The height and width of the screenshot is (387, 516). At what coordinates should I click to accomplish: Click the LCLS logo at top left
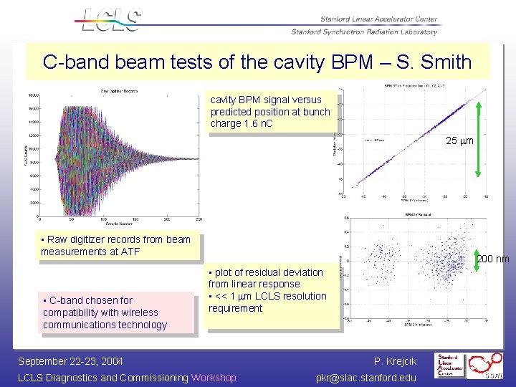coord(112,19)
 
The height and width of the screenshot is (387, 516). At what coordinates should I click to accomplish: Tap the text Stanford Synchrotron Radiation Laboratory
coord(363,32)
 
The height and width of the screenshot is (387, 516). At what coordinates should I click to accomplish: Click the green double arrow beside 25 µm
coord(479,140)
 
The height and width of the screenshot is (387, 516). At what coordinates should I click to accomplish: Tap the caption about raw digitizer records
coord(116,245)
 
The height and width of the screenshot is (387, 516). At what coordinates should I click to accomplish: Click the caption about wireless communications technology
coord(105,312)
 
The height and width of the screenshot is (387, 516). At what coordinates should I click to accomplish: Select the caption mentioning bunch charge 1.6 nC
coord(270,112)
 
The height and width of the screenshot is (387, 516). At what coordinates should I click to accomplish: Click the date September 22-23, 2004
coord(70,360)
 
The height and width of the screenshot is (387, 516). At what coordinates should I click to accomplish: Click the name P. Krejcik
coord(395,360)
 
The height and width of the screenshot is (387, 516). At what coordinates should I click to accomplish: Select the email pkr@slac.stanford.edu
coord(365,378)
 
